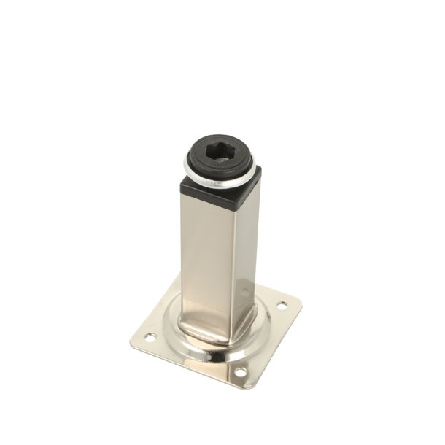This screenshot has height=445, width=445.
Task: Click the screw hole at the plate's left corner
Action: (151, 338)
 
